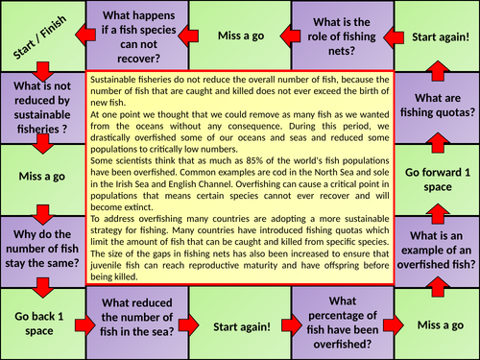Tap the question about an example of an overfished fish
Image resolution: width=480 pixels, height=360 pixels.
point(437,252)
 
